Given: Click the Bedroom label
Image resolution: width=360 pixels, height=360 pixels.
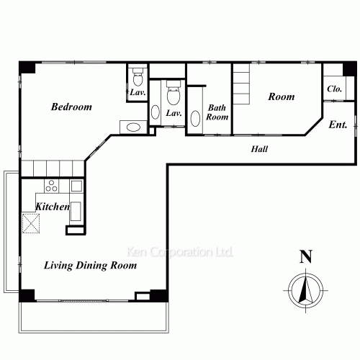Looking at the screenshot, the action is click(71, 107).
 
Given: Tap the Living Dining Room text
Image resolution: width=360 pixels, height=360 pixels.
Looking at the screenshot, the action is click(90, 266).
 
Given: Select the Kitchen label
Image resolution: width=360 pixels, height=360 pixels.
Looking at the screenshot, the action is click(53, 207).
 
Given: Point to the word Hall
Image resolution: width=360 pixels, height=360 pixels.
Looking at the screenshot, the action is click(259, 149).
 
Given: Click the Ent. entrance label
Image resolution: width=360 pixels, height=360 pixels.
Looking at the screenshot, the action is click(338, 125).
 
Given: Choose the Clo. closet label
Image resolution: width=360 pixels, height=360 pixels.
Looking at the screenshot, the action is click(334, 89).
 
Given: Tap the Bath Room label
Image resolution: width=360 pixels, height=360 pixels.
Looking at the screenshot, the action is click(217, 112).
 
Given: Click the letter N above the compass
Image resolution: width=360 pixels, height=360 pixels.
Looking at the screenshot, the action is click(306, 256).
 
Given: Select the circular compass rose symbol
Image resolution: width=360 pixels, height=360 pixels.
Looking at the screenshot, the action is click(305, 290).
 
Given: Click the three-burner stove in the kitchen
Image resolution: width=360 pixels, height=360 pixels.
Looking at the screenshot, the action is click(51, 186).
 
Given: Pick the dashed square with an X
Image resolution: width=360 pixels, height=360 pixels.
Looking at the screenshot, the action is click(31, 223).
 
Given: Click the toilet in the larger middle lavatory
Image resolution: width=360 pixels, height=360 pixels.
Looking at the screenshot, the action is click(174, 93).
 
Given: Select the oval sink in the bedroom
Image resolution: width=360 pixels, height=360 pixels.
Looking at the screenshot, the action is click(133, 127).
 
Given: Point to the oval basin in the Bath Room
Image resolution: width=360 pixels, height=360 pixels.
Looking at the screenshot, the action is click(195, 118).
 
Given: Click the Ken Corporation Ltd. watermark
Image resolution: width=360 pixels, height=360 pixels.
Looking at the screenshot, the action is click(179, 252).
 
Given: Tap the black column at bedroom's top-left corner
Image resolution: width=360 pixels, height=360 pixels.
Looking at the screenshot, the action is click(27, 68).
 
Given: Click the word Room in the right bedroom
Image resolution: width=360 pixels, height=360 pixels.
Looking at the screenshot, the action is click(282, 96).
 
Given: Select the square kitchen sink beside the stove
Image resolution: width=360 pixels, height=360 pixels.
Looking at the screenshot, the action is click(76, 186).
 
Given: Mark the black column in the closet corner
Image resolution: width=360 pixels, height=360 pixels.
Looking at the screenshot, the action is click(349, 68).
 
